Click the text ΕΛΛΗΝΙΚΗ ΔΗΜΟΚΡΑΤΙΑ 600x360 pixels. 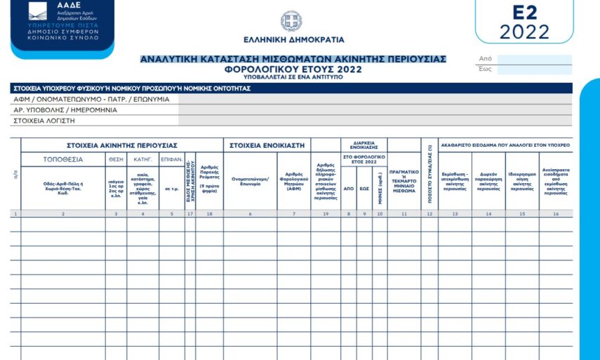pos(293,40)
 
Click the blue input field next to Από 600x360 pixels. pos(533,59)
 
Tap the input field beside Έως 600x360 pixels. pos(533,69)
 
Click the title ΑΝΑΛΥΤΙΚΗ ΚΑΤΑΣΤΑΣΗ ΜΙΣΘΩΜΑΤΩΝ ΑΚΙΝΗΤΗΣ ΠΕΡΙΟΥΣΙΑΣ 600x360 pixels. pos(293,59)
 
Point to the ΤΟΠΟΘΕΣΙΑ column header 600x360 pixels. pos(63,159)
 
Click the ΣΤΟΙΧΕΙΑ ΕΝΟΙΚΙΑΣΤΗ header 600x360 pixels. pos(267,145)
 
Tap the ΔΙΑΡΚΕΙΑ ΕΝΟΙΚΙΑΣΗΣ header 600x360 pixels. pos(364,144)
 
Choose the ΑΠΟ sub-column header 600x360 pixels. pos(349,188)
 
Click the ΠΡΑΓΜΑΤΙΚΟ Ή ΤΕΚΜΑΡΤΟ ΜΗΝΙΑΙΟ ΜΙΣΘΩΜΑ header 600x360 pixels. pos(404,180)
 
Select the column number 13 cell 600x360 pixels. pos(455,213)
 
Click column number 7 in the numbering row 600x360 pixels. pos(293,213)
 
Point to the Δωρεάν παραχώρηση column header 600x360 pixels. pos(488,181)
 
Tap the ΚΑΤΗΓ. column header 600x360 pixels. pos(142,159)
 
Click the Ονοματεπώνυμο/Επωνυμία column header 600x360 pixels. pos(250,181)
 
